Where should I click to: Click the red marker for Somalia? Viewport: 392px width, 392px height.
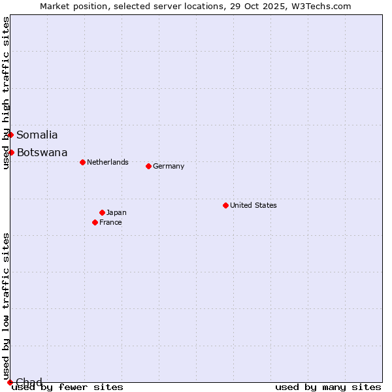point(10,135)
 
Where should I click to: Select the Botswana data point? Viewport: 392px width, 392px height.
point(11,152)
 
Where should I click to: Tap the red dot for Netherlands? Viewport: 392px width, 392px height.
point(82,162)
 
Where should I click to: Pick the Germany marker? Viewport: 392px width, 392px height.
point(148,166)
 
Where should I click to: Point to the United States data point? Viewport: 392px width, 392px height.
point(225,205)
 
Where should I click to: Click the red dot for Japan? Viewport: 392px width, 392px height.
point(102,212)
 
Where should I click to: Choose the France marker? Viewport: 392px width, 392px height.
point(95,222)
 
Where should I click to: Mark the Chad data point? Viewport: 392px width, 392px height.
point(10,382)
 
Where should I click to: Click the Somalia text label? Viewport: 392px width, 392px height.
point(37,135)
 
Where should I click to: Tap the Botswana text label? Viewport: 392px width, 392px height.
point(42,153)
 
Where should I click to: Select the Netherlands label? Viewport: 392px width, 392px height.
point(108,162)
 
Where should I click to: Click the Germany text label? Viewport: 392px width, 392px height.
point(169,166)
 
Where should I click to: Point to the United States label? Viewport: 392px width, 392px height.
point(253,205)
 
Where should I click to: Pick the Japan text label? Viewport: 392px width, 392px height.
point(116,212)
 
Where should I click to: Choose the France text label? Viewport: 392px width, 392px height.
point(110,222)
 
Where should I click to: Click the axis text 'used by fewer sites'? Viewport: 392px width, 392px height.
point(68,387)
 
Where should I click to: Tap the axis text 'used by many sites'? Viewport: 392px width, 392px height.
point(328,387)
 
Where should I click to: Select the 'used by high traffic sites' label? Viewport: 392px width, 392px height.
point(6,93)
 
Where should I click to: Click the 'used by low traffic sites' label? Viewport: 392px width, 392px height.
point(6,306)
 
